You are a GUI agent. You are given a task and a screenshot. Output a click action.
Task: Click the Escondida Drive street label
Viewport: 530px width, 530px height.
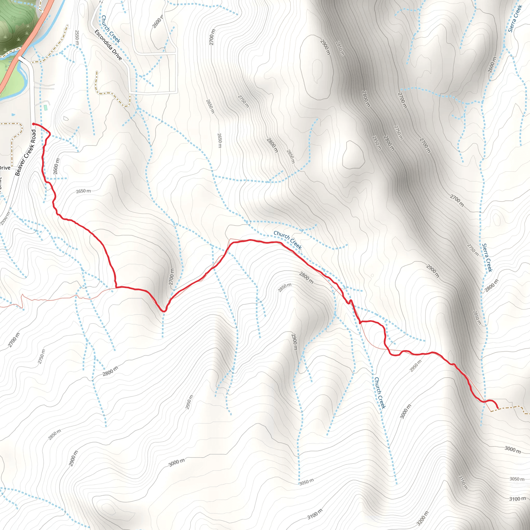pos(108,45)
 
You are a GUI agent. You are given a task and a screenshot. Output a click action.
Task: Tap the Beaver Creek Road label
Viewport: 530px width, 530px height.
pos(26,152)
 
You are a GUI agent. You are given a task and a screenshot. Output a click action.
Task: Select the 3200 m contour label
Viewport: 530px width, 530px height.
pos(422,518)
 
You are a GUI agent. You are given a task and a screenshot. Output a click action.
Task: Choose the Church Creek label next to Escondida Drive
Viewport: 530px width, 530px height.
pos(111,29)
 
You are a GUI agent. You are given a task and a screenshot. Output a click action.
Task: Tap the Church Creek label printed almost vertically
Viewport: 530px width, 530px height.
pos(380,393)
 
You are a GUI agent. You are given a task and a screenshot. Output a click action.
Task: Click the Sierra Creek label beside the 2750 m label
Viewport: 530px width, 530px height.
pos(487,257)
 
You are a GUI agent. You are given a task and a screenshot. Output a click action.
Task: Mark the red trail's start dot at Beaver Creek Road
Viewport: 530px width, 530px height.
pos(33,124)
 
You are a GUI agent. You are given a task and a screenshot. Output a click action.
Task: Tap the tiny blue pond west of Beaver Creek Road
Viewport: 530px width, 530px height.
pos(14,114)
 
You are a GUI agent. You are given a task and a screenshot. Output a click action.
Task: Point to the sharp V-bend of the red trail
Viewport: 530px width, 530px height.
pos(164,311)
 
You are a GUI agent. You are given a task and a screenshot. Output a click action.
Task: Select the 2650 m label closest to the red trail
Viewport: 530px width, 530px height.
pos(83,191)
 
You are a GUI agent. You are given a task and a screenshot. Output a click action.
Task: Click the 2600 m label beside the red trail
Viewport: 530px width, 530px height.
pos(56,166)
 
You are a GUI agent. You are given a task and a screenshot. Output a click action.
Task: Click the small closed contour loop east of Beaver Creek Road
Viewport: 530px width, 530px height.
pos(66,118)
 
